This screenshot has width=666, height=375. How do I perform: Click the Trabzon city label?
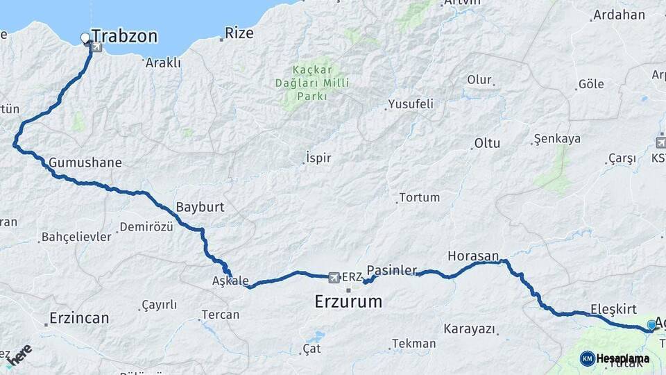124,36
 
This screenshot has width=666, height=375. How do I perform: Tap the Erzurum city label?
348,301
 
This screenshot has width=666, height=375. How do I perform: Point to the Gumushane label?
85,163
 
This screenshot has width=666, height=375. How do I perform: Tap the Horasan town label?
474,256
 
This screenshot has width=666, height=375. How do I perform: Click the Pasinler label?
392,269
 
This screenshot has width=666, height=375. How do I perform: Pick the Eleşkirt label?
613,308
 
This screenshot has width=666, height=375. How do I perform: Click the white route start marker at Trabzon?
85,37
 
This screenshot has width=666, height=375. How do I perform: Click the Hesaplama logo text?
622,359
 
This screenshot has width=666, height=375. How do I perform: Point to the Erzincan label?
78,319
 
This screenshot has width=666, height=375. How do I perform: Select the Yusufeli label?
410,104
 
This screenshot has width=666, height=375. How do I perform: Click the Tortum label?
419,197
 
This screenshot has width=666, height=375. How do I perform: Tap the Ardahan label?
619,15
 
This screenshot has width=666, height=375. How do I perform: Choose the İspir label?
318,158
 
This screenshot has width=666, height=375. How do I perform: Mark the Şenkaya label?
557,139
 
